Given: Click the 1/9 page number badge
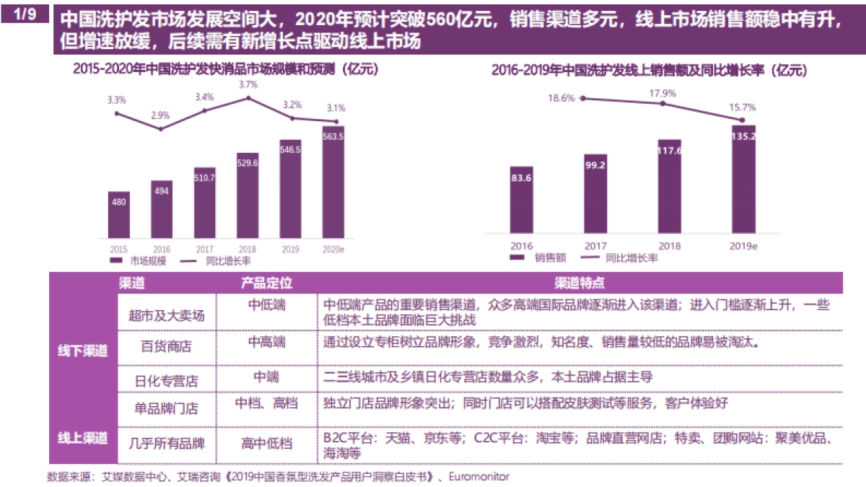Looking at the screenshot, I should point(25,14).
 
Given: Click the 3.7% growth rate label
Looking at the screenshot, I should point(248,84).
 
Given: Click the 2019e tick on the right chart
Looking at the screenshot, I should point(743,246).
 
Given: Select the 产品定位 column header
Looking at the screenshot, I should point(267,284).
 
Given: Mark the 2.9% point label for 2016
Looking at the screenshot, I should point(161,115).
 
